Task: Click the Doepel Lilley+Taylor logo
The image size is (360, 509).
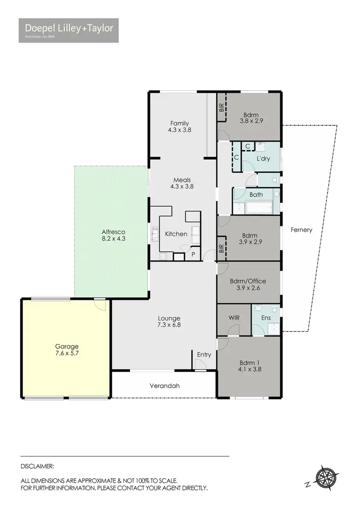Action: click(69, 30)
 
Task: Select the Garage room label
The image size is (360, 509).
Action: click(66, 346)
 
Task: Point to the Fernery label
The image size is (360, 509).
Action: click(301, 230)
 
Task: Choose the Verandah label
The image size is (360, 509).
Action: click(165, 385)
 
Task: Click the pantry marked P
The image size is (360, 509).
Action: click(193, 255)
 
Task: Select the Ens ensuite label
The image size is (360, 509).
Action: click(266, 317)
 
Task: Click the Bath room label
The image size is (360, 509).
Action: click(256, 195)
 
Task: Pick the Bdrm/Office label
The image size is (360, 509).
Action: click(248, 281)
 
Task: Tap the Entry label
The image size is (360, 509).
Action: click(204, 355)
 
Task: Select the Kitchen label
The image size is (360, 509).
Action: click(176, 234)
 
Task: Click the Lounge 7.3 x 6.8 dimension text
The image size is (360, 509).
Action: click(169, 325)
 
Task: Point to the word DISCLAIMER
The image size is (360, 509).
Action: click(37, 466)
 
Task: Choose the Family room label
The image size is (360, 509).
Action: click(180, 123)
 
